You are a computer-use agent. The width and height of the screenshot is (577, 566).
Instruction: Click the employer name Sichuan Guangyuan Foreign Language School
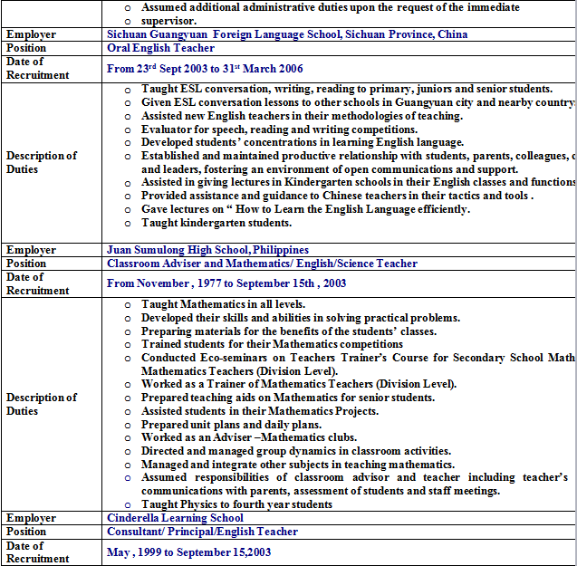click(x=287, y=34)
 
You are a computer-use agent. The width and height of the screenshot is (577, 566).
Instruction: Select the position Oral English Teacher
click(x=161, y=48)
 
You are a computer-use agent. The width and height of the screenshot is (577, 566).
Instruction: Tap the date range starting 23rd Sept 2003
click(x=205, y=69)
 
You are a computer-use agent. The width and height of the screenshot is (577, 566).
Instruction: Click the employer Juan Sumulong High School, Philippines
click(x=207, y=250)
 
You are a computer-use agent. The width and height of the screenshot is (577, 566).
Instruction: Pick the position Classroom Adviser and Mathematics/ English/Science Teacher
click(x=262, y=264)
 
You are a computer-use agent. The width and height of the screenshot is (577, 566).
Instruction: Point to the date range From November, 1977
click(x=226, y=283)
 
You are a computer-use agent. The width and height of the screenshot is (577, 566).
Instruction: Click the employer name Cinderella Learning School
click(x=175, y=518)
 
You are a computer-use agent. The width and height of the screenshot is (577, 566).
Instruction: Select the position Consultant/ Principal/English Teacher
click(x=202, y=532)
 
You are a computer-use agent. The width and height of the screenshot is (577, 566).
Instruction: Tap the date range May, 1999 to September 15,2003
click(x=188, y=552)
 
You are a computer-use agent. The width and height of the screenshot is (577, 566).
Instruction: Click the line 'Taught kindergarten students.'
click(x=216, y=223)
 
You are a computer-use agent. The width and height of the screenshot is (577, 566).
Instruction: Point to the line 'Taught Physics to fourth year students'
click(x=236, y=504)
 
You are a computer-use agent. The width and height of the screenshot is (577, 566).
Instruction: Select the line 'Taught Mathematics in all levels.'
click(x=223, y=304)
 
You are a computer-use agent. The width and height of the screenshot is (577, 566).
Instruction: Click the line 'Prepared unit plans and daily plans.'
click(x=231, y=425)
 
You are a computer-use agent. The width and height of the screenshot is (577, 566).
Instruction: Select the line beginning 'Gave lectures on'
click(x=305, y=209)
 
